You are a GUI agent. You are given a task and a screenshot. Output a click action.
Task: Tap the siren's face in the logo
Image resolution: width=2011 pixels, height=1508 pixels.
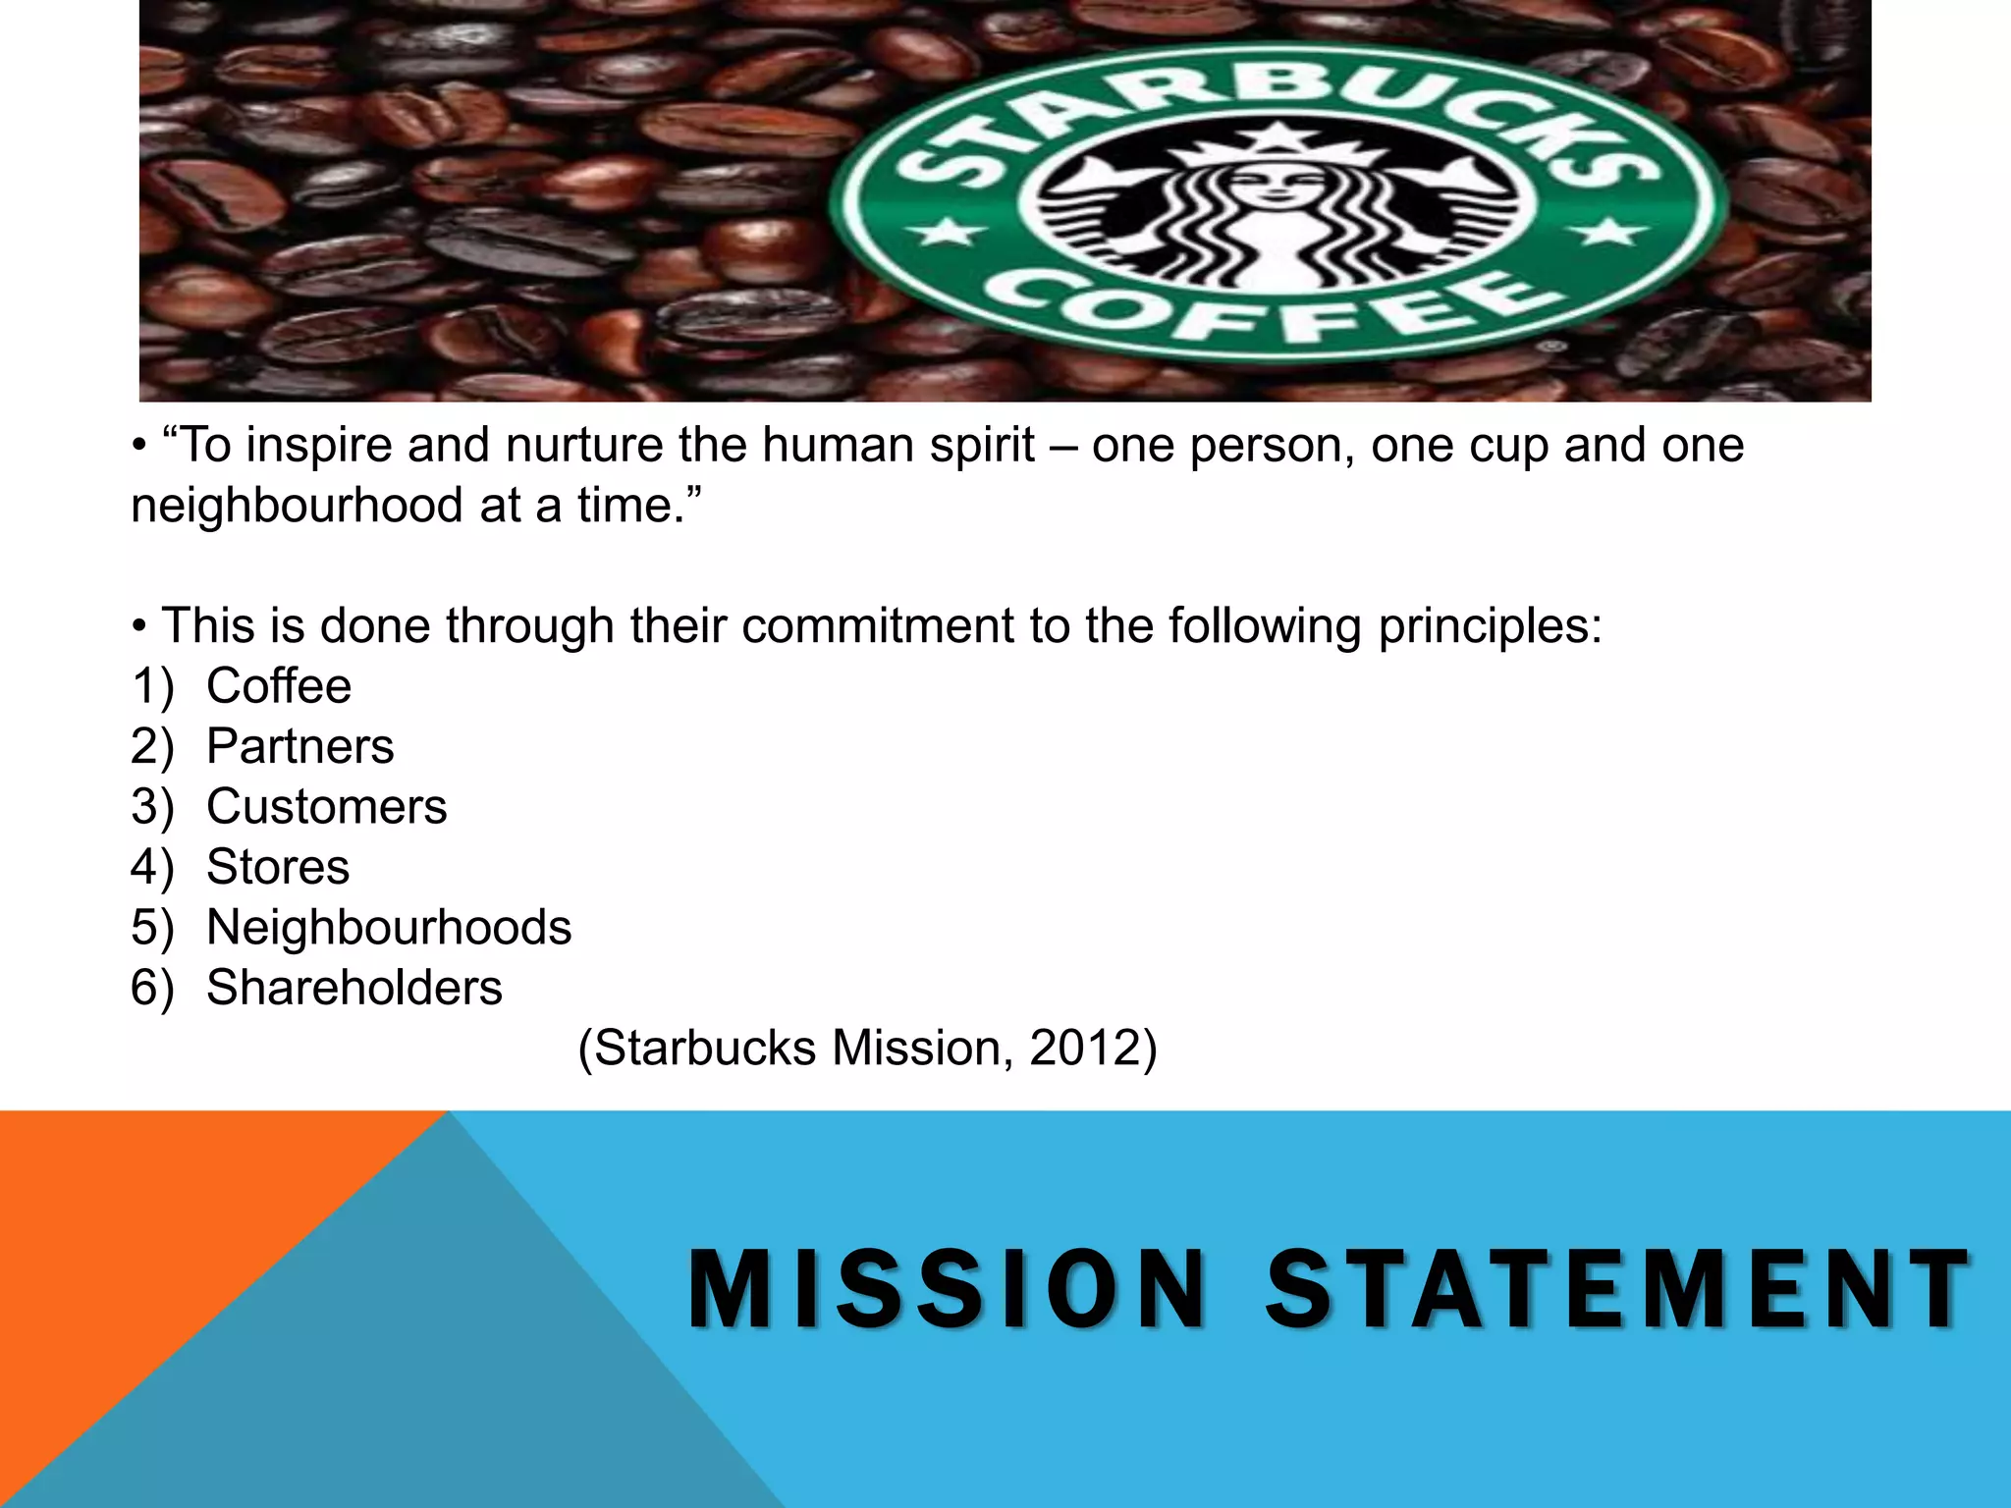1275,182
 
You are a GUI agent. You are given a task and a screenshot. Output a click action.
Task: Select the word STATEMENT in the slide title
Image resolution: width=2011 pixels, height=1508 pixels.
1618,1289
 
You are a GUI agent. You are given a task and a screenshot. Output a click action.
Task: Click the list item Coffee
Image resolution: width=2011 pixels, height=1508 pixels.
279,685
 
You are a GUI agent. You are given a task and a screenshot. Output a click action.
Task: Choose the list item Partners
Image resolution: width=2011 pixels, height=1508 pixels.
300,746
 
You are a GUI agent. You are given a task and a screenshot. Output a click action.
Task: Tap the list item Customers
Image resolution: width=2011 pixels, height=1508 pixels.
327,807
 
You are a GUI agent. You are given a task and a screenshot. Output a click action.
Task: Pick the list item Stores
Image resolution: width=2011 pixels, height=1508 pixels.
278,867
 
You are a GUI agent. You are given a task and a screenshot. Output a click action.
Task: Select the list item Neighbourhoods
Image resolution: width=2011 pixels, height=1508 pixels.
389,928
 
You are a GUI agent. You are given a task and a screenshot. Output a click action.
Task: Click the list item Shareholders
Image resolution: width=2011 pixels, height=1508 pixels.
354,988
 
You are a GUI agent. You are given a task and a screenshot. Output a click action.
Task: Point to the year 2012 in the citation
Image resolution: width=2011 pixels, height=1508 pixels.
1084,1048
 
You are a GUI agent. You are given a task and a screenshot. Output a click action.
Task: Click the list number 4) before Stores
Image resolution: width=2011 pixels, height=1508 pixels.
152,867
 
